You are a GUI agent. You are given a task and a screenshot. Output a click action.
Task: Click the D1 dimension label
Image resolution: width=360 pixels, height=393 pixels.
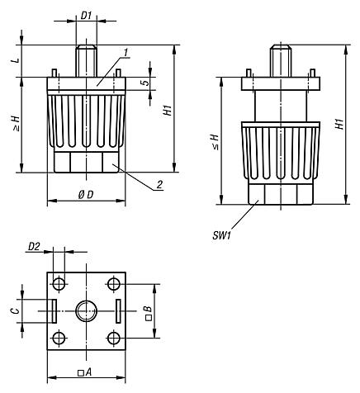pyautogui.click(x=85, y=15)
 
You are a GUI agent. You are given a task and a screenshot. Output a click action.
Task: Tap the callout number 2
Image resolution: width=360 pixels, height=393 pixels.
pyautogui.click(x=158, y=184)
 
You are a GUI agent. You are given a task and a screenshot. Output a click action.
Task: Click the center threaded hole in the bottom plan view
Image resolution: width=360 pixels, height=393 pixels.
pyautogui.click(x=86, y=311)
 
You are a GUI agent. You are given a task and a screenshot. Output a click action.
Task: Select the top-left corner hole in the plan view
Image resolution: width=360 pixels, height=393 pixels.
pyautogui.click(x=58, y=284)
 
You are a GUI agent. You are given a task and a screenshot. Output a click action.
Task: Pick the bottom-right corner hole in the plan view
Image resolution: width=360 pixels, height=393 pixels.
pyautogui.click(x=114, y=339)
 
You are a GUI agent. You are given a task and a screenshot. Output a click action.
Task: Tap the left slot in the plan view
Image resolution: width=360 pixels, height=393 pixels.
pyautogui.click(x=52, y=311)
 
